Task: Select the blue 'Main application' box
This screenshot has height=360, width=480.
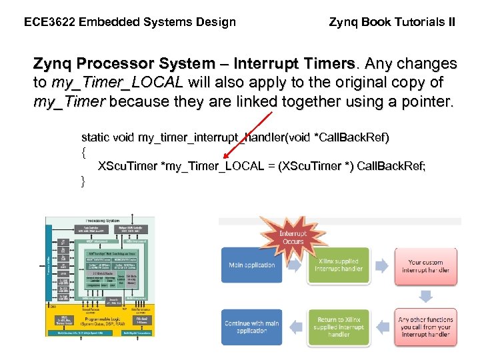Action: click(251, 265)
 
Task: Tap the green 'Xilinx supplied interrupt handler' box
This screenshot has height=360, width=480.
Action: click(339, 265)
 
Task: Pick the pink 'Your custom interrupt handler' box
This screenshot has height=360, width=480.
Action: click(426, 266)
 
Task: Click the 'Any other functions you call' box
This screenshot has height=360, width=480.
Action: click(426, 327)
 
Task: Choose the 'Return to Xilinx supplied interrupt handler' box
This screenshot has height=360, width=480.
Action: click(339, 327)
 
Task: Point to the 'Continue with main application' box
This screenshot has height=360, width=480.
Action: click(251, 327)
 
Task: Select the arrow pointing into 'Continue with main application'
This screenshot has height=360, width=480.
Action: click(295, 327)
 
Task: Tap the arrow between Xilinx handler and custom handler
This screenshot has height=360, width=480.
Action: click(382, 265)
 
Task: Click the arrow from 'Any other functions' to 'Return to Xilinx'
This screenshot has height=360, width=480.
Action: click(382, 327)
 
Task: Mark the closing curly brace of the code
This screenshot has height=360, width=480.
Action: click(83, 181)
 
